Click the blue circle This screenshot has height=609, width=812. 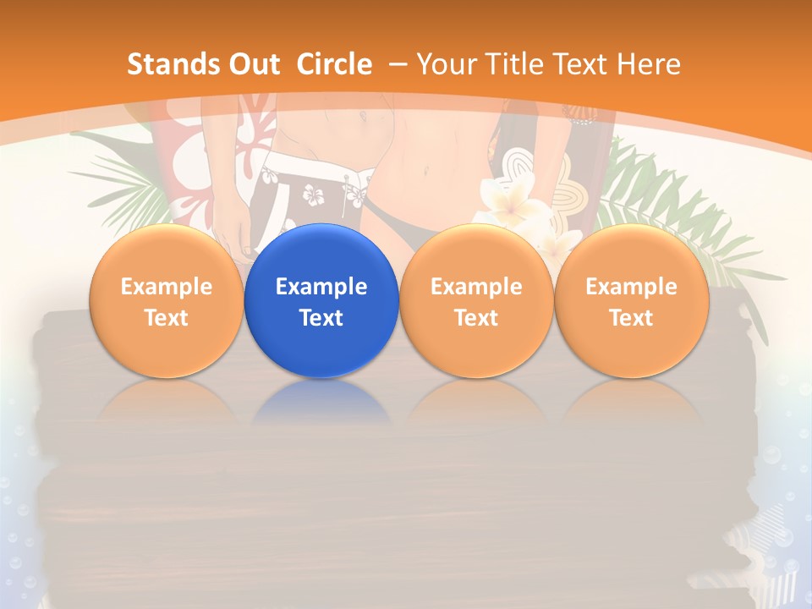[321, 300]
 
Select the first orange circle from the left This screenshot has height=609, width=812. [166, 300]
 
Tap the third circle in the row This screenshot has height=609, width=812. [476, 300]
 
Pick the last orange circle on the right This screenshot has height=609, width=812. [631, 300]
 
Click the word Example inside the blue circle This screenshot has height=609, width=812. [321, 287]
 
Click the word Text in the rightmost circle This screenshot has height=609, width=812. [631, 318]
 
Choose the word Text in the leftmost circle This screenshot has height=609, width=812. [166, 318]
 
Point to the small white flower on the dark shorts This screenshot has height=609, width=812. [314, 196]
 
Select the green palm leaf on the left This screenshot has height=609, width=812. [127, 182]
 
